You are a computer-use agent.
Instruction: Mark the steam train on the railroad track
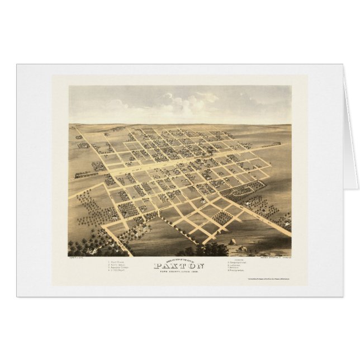(81, 174)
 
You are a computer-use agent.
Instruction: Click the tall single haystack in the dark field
(233, 241)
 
